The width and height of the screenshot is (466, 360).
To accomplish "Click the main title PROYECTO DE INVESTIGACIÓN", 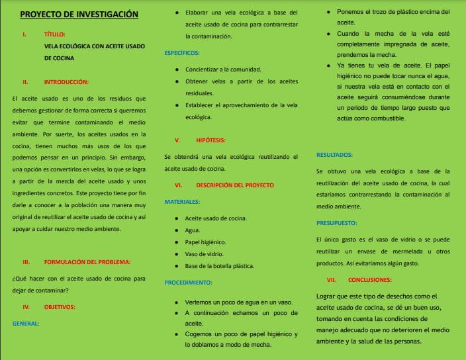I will coord(79,14).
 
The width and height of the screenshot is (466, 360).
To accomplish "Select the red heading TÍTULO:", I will coord(55,34).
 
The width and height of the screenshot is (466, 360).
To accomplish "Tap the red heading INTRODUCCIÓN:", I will coord(66,82).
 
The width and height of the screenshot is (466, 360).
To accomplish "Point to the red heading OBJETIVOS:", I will coord(60,307).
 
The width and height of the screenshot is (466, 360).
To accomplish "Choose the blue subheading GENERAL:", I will coord(26,324).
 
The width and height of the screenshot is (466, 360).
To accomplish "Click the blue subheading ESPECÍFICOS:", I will coord(181,52).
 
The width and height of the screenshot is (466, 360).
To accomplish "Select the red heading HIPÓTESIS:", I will coord(211,140).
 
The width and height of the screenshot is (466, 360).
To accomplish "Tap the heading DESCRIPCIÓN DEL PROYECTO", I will coord(235,185).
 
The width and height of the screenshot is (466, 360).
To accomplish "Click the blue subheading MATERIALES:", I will coord(182,201).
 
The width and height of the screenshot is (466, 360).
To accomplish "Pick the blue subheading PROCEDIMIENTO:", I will coord(188,282).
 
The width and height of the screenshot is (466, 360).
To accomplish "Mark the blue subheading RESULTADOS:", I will coord(334,155).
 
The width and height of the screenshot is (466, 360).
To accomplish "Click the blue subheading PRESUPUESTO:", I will coord(337,223).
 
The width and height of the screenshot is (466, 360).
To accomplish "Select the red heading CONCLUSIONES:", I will coord(371,279).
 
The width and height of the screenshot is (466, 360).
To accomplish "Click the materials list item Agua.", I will coord(193,230).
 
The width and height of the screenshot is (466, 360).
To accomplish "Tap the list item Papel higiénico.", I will coord(205,242).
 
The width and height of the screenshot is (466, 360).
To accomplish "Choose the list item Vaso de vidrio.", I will coord(203,254).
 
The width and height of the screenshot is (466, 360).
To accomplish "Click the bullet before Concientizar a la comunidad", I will coord(177,69).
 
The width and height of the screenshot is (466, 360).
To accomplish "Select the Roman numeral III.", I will coord(26,262).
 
